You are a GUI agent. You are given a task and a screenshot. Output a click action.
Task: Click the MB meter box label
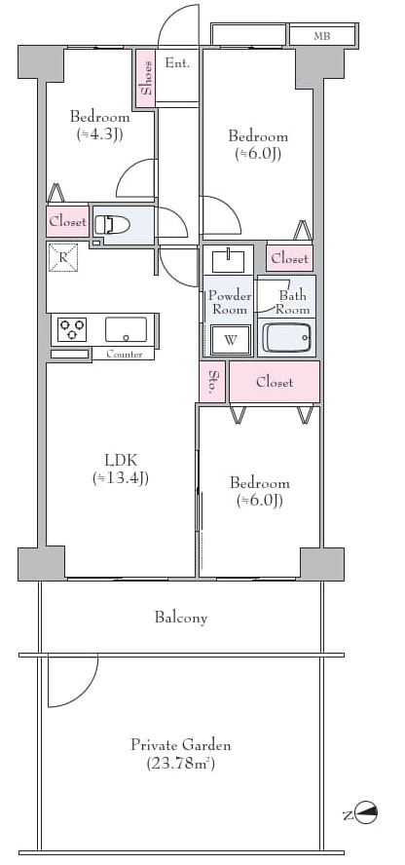coord(322,36)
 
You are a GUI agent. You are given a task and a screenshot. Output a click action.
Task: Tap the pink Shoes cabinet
coord(146,80)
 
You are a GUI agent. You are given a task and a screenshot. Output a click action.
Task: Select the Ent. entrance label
coord(177,63)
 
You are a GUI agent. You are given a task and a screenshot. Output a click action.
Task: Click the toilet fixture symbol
coord(112,224)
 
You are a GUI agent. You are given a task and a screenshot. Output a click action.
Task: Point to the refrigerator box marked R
coord(63,257)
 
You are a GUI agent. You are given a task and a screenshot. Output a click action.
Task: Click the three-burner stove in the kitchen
coord(72,330)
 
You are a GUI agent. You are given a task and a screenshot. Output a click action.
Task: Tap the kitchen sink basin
coord(127,329)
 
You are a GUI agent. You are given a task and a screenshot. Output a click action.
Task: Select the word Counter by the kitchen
coord(125,355)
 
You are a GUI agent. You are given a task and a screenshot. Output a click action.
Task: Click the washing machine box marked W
coord(231,339)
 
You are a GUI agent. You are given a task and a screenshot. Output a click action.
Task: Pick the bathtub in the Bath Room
coord(286,337)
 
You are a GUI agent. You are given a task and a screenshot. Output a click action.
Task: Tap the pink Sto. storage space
coord(212,382)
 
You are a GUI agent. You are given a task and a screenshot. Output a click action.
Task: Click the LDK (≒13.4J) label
coord(121,469)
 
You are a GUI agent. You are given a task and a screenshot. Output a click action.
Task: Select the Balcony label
coord(181,618)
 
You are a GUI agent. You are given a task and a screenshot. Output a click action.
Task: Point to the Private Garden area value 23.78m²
coord(181,764)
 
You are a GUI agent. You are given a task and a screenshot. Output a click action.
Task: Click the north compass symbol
coord(366,812)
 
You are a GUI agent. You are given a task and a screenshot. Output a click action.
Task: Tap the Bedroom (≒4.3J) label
coord(99,126)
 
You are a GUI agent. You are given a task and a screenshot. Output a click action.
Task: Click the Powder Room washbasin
coord(228,260)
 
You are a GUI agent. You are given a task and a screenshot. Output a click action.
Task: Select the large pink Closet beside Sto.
coord(275,382)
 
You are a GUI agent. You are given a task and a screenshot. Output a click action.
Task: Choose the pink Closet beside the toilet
coord(68,222)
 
